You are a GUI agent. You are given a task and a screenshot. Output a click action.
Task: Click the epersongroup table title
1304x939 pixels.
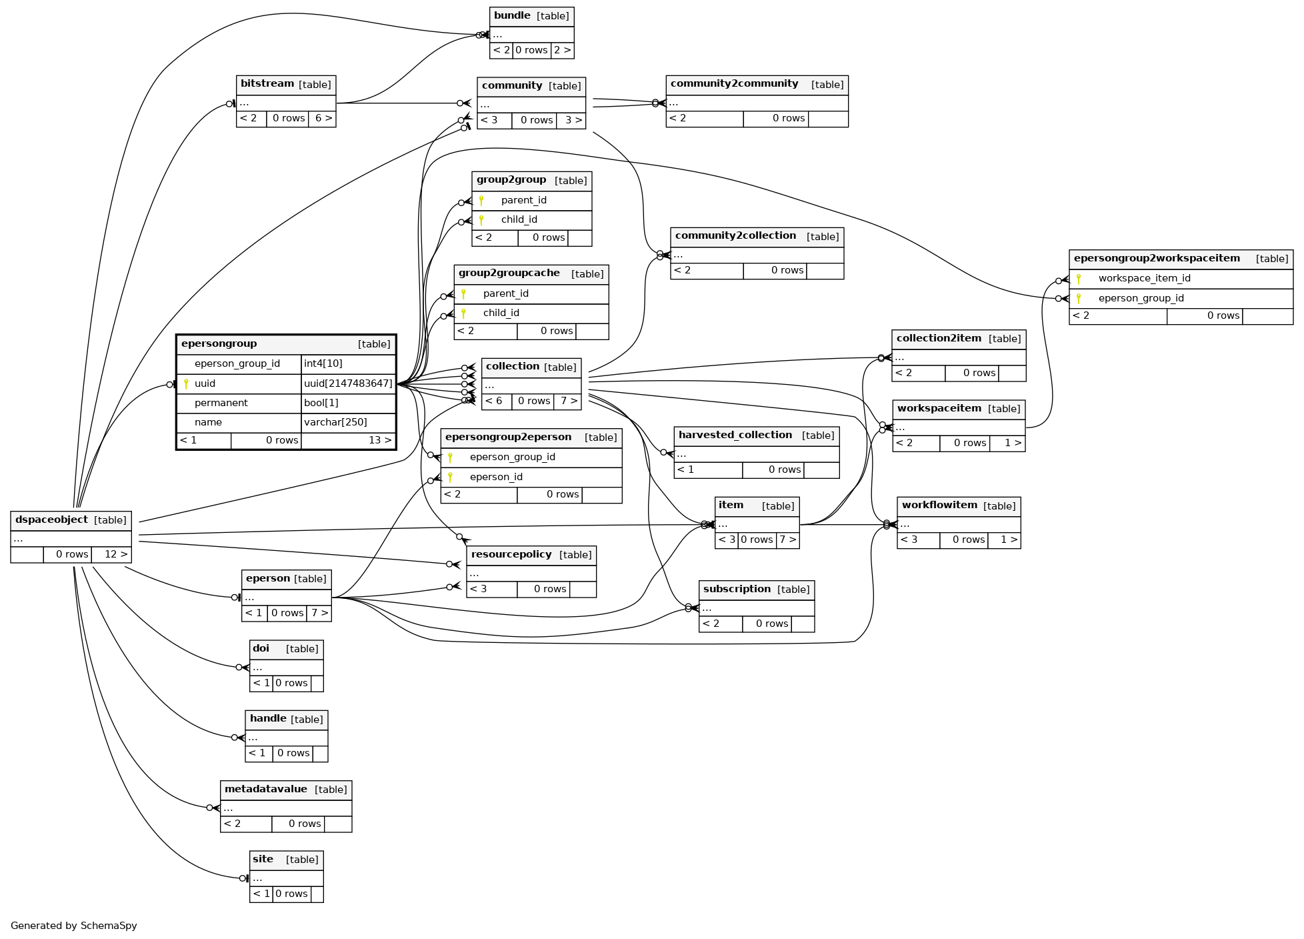point(219,344)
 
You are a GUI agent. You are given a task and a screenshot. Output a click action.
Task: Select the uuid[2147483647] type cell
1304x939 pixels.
point(348,383)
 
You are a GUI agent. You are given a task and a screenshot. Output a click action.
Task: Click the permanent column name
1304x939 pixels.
point(221,403)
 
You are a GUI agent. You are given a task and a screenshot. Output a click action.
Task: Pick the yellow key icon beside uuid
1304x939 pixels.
point(186,383)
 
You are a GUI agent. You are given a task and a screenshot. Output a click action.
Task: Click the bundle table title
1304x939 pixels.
point(512,16)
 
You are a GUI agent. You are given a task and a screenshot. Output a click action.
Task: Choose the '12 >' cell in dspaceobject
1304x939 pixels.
point(115,554)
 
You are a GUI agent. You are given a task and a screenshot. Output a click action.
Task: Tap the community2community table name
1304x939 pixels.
point(734,84)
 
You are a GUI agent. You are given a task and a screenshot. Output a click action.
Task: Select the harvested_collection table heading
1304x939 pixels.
point(735,435)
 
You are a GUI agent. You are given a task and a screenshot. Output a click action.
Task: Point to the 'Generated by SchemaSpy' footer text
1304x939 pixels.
point(73,926)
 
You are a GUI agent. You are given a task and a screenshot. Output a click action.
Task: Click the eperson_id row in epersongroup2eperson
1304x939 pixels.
point(496,477)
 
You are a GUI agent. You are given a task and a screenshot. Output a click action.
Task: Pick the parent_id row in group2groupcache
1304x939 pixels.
point(505,293)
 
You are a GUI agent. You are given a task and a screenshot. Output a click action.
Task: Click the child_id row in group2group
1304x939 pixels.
point(519,219)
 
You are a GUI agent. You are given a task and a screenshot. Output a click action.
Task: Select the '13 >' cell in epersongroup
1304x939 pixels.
point(380,440)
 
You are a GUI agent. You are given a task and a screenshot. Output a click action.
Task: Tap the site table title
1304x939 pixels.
point(263,860)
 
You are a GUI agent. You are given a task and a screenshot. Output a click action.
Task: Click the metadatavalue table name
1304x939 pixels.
point(265,790)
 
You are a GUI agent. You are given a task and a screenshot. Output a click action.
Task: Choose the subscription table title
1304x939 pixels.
point(737,590)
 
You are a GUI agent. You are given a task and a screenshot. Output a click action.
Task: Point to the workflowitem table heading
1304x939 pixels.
point(939,506)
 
